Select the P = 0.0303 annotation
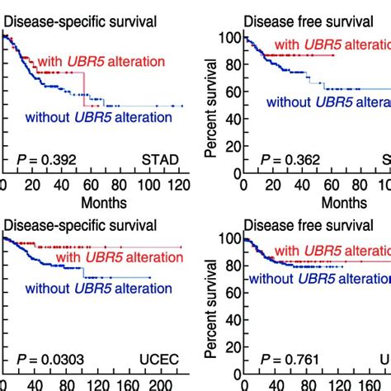point(51,359)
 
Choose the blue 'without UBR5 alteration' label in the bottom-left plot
point(98,289)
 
